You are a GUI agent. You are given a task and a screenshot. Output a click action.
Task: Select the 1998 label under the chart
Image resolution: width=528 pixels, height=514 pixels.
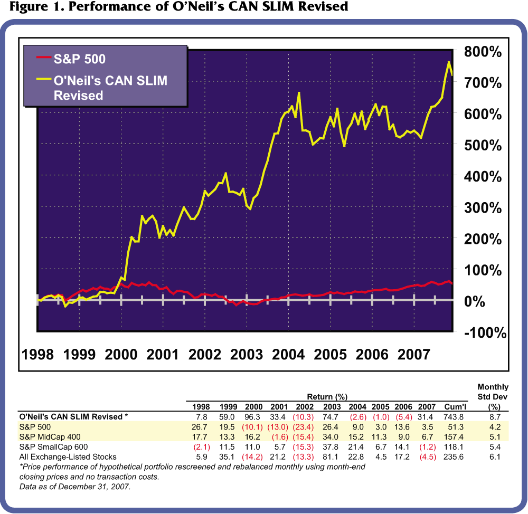click(x=38, y=355)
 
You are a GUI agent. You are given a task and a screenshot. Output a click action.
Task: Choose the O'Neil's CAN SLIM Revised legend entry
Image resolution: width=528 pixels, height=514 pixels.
click(x=114, y=88)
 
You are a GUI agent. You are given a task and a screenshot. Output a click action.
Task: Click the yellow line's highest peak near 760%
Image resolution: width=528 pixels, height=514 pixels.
click(x=448, y=62)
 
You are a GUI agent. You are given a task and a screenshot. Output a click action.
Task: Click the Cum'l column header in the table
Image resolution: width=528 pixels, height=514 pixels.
click(x=455, y=406)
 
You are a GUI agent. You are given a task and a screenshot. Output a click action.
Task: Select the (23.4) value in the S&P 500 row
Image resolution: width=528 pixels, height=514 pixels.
click(x=304, y=426)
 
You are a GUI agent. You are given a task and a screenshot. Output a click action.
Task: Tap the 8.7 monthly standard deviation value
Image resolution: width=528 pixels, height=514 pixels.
click(x=493, y=416)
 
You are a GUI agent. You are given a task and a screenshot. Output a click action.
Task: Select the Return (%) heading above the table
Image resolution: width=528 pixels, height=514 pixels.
click(x=328, y=396)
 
